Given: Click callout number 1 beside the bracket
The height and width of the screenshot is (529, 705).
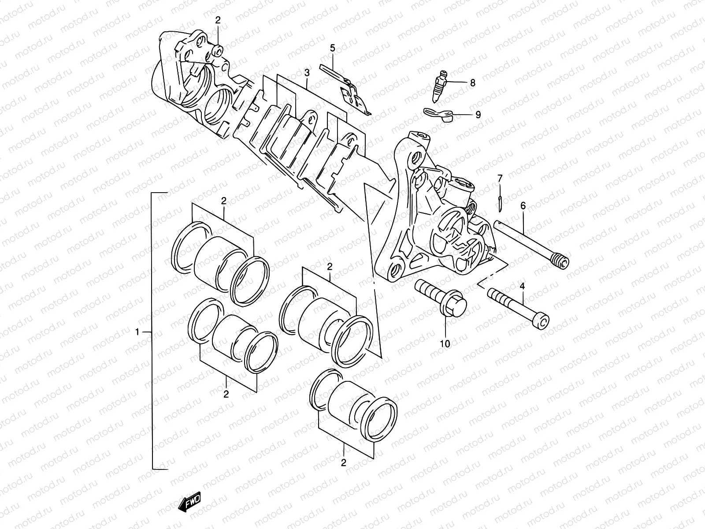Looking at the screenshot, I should tap(137, 332).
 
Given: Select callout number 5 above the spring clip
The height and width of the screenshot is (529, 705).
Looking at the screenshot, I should tap(333, 48).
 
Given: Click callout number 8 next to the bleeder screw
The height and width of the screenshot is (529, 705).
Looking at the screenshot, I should tap(472, 82).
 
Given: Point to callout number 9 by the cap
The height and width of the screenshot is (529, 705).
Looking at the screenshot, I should tap(478, 115).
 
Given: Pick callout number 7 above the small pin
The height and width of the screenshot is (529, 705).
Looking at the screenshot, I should tap(500, 178).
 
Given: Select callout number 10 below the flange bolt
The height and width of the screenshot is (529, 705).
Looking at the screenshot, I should tap(445, 343).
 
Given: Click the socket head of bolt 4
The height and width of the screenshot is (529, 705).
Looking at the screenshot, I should tap(543, 320).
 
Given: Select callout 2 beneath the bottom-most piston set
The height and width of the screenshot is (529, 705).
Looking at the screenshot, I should tap(343, 462).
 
